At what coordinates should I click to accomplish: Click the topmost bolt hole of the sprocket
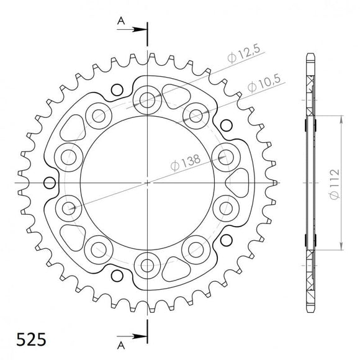pyautogui.click(x=148, y=99)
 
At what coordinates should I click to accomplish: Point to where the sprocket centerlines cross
pyautogui.click(x=148, y=183)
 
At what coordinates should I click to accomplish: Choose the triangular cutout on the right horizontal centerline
pyautogui.click(x=236, y=183)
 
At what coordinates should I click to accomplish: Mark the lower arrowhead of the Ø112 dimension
pyautogui.click(x=341, y=248)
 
